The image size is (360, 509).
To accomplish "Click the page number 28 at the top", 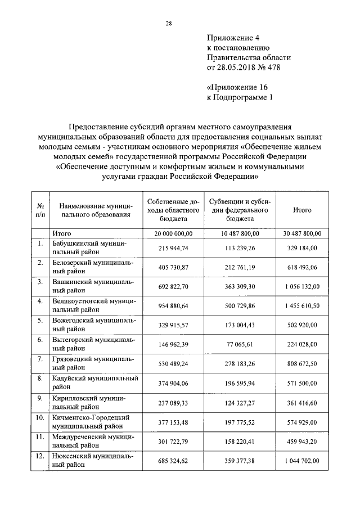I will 168,23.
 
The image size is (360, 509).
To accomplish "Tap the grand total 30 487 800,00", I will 303,233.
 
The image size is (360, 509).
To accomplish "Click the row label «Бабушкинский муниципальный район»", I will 90,248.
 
